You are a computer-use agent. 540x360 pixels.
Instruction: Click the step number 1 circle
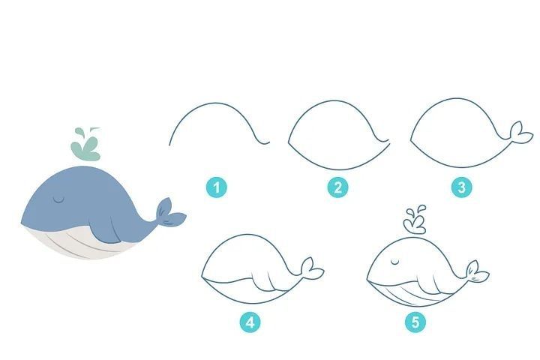216,187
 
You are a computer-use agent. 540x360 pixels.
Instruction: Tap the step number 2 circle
337,187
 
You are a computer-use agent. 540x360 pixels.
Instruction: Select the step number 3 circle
461,187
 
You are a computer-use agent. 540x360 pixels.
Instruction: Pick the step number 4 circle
250,322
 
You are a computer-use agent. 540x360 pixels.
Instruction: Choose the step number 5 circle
415,322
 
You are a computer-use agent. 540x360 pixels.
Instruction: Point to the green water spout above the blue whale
85,145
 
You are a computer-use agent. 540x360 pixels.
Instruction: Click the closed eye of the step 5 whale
395,262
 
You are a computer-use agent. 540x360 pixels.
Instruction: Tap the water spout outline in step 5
415,220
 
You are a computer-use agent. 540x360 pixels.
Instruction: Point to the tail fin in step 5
477,271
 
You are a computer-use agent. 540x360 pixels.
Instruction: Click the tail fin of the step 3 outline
520,133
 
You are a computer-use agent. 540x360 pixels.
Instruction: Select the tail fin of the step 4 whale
312,267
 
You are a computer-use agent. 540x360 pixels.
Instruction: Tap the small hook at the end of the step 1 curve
265,142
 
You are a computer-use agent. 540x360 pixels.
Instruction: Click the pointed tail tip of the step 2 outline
389,142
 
